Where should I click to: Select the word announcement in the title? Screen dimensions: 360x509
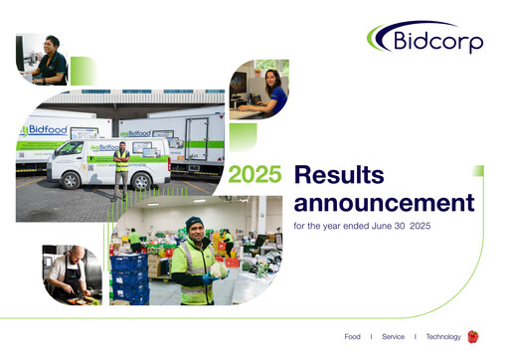tap(384, 205)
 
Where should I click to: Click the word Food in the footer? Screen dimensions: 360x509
tap(353, 337)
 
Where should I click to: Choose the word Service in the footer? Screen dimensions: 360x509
tap(393, 337)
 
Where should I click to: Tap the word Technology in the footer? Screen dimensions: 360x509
tap(443, 337)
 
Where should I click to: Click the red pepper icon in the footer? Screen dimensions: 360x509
tap(473, 336)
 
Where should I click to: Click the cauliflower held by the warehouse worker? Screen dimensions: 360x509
tap(218, 269)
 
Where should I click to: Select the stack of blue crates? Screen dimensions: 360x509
tap(128, 277)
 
